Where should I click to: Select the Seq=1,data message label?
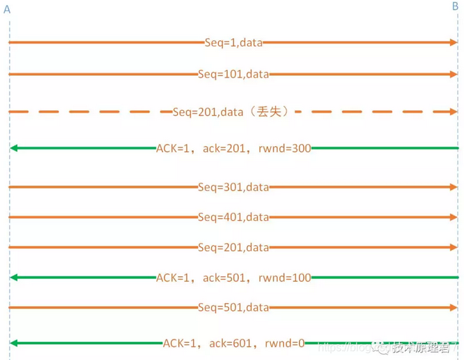tap(233, 42)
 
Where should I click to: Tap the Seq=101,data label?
tap(233, 73)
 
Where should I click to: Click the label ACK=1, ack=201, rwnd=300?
tap(233, 147)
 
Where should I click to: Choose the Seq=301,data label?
tap(233, 187)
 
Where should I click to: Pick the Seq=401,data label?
tap(233, 217)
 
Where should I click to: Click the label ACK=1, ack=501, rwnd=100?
tap(233, 277)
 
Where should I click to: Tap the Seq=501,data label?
tap(233, 307)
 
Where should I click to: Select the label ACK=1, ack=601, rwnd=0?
tap(233, 343)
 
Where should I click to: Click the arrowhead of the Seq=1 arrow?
tap(453, 42)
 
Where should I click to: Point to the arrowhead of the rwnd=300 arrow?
tap(14, 148)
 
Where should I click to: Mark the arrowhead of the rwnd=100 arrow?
tap(14, 277)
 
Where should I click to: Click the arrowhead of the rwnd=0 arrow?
tap(14, 343)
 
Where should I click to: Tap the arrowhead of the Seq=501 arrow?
tap(453, 307)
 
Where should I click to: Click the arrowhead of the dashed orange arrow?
tap(453, 111)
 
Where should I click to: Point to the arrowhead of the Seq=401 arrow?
tap(453, 217)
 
